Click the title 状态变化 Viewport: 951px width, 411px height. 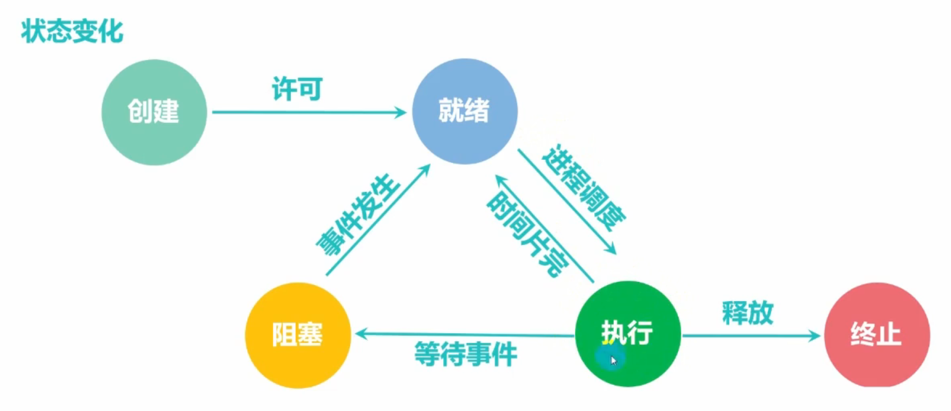coord(72,31)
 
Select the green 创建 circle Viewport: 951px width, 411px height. coord(154,112)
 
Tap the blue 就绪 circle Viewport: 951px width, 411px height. coord(464,111)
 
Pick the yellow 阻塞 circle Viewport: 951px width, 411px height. coord(298,335)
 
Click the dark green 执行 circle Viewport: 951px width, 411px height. coord(628,333)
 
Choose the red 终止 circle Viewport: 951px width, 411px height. coord(877,335)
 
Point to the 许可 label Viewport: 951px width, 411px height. coord(297,89)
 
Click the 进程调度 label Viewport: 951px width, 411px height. coord(584,187)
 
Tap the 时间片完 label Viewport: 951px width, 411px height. coord(527,234)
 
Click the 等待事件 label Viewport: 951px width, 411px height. coord(465,354)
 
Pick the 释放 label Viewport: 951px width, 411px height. coord(748,312)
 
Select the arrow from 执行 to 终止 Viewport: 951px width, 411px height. coord(750,336)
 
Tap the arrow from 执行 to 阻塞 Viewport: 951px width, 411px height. coord(464,335)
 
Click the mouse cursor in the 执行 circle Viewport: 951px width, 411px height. coord(613,360)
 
